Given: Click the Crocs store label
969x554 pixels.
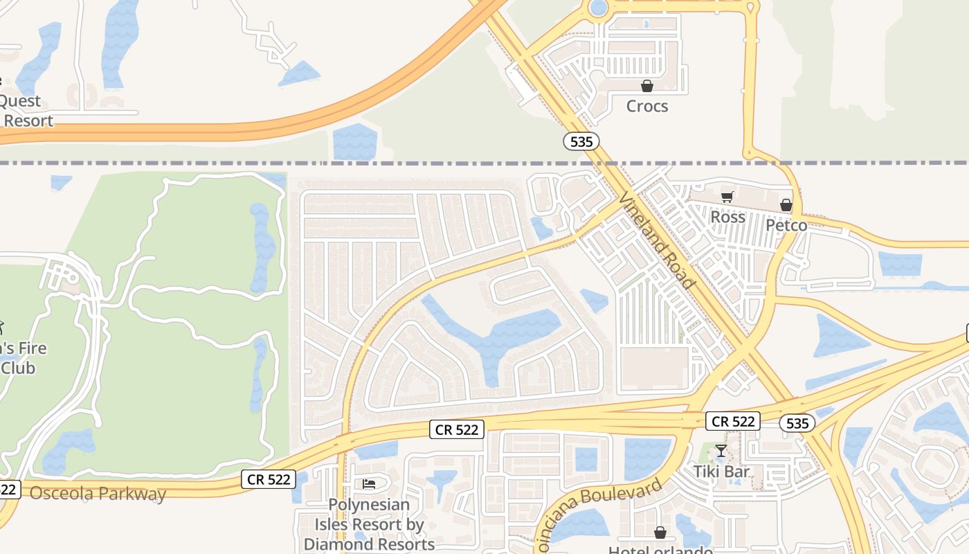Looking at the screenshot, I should tap(647, 106).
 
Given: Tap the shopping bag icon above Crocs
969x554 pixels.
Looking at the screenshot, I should tap(647, 86).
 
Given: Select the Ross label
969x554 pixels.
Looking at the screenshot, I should tap(728, 217).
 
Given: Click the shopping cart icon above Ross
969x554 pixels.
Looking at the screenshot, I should tap(727, 197).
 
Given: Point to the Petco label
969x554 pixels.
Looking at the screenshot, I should tap(786, 225).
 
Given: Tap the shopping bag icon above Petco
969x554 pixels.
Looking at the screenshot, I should tap(786, 205).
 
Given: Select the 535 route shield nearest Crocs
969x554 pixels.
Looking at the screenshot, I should tap(581, 141).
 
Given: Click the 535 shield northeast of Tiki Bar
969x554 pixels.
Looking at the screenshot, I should tap(797, 422).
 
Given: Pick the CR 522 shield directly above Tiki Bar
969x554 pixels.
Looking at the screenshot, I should tap(734, 420).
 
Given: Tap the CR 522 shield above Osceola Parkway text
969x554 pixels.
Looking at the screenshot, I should tap(269, 479).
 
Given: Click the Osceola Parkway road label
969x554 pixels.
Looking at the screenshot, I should tap(98, 494).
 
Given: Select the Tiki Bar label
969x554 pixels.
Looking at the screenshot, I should tap(722, 472).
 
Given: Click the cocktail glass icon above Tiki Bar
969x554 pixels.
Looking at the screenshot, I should tap(721, 452).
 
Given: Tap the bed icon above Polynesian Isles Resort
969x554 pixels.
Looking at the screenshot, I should tap(369, 483).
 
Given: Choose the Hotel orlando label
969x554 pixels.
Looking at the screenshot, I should tap(660, 551).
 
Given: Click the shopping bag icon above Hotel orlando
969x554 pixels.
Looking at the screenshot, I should tap(660, 533).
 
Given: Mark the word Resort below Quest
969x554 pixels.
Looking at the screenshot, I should tap(28, 120).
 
